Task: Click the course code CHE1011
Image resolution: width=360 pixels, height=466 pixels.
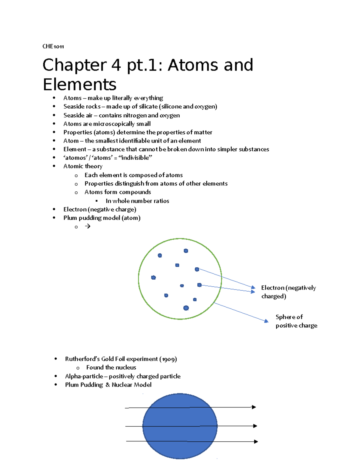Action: pyautogui.click(x=53, y=46)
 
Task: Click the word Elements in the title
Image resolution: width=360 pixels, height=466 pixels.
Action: pyautogui.click(x=79, y=84)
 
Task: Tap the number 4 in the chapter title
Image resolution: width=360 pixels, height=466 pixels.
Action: pyautogui.click(x=116, y=65)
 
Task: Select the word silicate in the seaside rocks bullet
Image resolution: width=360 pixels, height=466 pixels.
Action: pyautogui.click(x=148, y=107)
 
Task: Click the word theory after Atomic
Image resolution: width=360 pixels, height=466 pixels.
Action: pyautogui.click(x=94, y=166)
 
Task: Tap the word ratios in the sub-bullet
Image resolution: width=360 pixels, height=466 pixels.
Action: pyautogui.click(x=161, y=201)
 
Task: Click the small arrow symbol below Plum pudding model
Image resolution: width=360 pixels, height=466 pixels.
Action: pyautogui.click(x=88, y=226)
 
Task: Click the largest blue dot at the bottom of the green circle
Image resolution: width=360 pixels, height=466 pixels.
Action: pyautogui.click(x=186, y=308)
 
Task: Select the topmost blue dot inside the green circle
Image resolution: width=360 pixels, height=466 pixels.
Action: pyautogui.click(x=186, y=251)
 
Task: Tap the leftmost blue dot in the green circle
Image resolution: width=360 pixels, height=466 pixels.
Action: pyautogui.click(x=153, y=278)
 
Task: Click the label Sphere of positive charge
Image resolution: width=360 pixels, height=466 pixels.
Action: pyautogui.click(x=296, y=321)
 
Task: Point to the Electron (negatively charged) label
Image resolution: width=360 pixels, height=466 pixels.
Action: pyautogui.click(x=288, y=292)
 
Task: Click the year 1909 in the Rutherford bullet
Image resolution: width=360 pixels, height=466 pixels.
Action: pyautogui.click(x=168, y=359)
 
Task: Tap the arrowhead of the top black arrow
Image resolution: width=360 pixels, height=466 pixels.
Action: pyautogui.click(x=254, y=407)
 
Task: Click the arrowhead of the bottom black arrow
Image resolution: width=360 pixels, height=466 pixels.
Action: pyautogui.click(x=256, y=441)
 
